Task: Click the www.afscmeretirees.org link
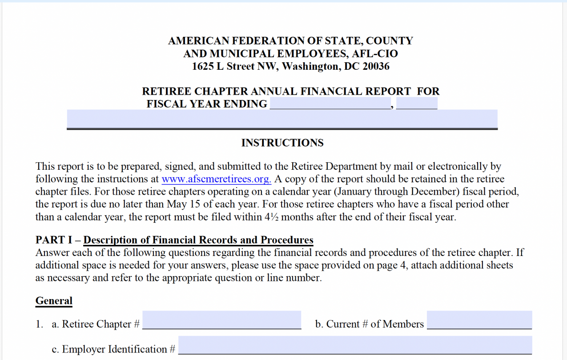[216, 180]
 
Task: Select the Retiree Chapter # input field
[221, 320]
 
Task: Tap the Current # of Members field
[479, 320]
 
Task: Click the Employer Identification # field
[354, 345]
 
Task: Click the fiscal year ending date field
[330, 104]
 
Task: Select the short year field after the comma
[417, 104]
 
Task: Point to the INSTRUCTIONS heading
[282, 143]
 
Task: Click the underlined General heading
[54, 301]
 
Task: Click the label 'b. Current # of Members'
[369, 324]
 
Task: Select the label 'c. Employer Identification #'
[113, 349]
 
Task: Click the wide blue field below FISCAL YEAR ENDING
[282, 119]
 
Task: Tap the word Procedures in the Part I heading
[287, 240]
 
